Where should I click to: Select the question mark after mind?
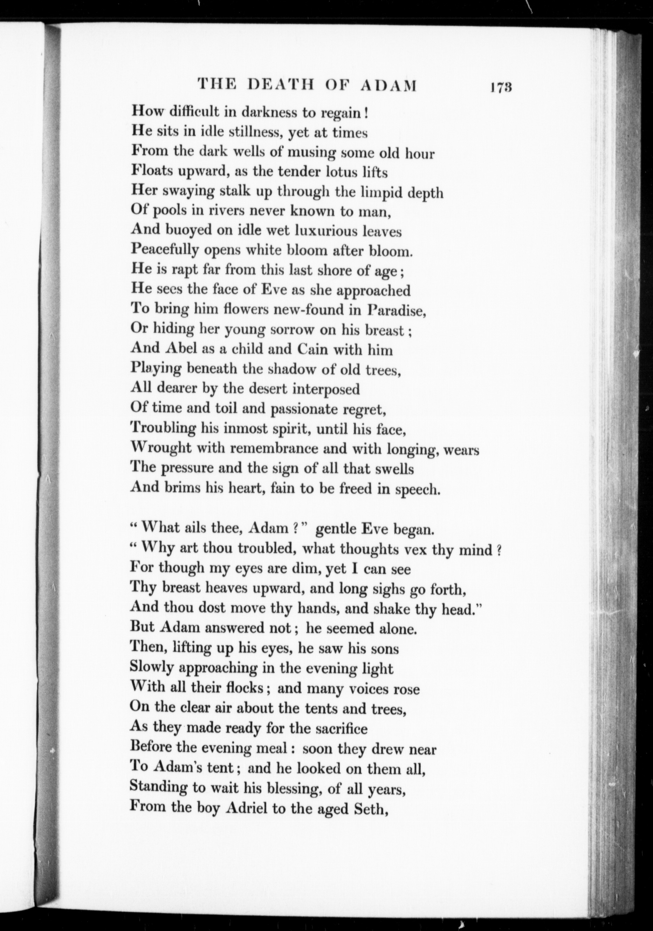(x=499, y=550)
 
